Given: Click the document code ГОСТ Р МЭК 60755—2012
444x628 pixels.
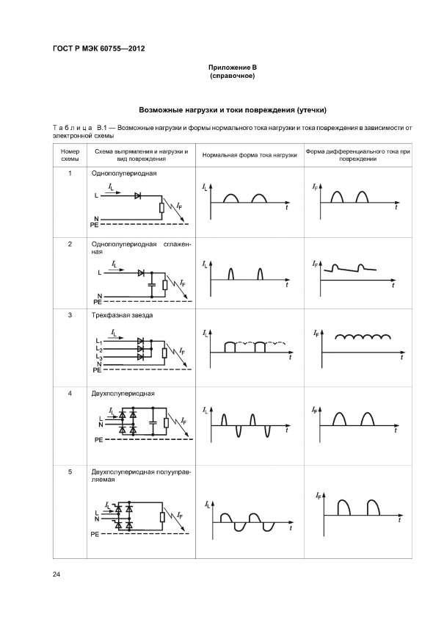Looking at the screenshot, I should pos(98,48).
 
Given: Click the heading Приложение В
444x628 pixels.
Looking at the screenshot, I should pos(232,68).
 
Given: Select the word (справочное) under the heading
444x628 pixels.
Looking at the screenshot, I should pos(232,76).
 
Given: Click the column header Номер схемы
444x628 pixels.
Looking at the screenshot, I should pos(70,154).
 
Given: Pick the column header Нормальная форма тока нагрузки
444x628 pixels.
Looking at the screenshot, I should pos(249,155).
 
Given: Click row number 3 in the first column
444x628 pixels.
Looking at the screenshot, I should pos(70,315).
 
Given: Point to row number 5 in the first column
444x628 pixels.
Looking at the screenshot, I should pos(70,472).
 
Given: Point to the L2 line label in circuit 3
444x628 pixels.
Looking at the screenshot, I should pos(100,350).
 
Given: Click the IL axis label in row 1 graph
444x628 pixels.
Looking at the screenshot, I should pos(204,189).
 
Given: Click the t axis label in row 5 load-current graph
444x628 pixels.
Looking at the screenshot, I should pos(291,529).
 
